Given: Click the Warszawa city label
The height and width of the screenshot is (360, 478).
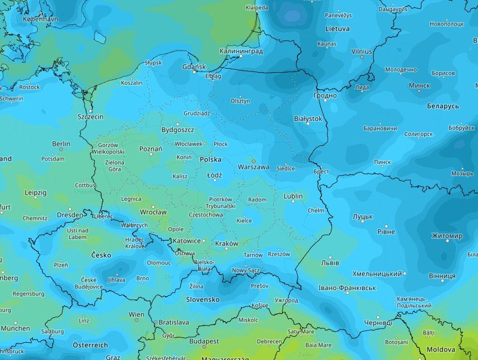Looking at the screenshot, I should [x=253, y=167].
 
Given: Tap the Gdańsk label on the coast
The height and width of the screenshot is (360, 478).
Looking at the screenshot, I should [x=194, y=67].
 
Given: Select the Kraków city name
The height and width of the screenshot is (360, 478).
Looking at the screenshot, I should [x=226, y=244].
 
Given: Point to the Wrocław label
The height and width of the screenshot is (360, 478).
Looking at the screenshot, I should [x=153, y=212].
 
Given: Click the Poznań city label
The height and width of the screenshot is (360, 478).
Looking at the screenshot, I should [x=150, y=149].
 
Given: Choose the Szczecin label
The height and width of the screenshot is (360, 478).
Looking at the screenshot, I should [x=90, y=117].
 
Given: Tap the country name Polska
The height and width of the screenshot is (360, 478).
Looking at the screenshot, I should [x=210, y=159].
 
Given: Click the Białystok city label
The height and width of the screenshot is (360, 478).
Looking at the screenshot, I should [x=308, y=119].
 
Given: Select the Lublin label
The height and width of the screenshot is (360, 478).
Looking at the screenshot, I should [x=293, y=196].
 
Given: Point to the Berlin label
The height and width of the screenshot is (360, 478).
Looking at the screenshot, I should [x=61, y=144].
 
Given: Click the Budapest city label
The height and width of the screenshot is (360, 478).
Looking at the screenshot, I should [x=204, y=341].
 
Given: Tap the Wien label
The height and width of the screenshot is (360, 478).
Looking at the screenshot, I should [x=137, y=315].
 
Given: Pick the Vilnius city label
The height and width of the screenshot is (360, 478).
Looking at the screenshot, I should [x=361, y=51].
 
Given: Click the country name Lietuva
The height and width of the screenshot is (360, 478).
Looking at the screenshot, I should [x=337, y=28].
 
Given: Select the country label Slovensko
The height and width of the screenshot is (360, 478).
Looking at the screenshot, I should [x=202, y=300].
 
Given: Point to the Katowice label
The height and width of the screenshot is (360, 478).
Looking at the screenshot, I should [x=186, y=241].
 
